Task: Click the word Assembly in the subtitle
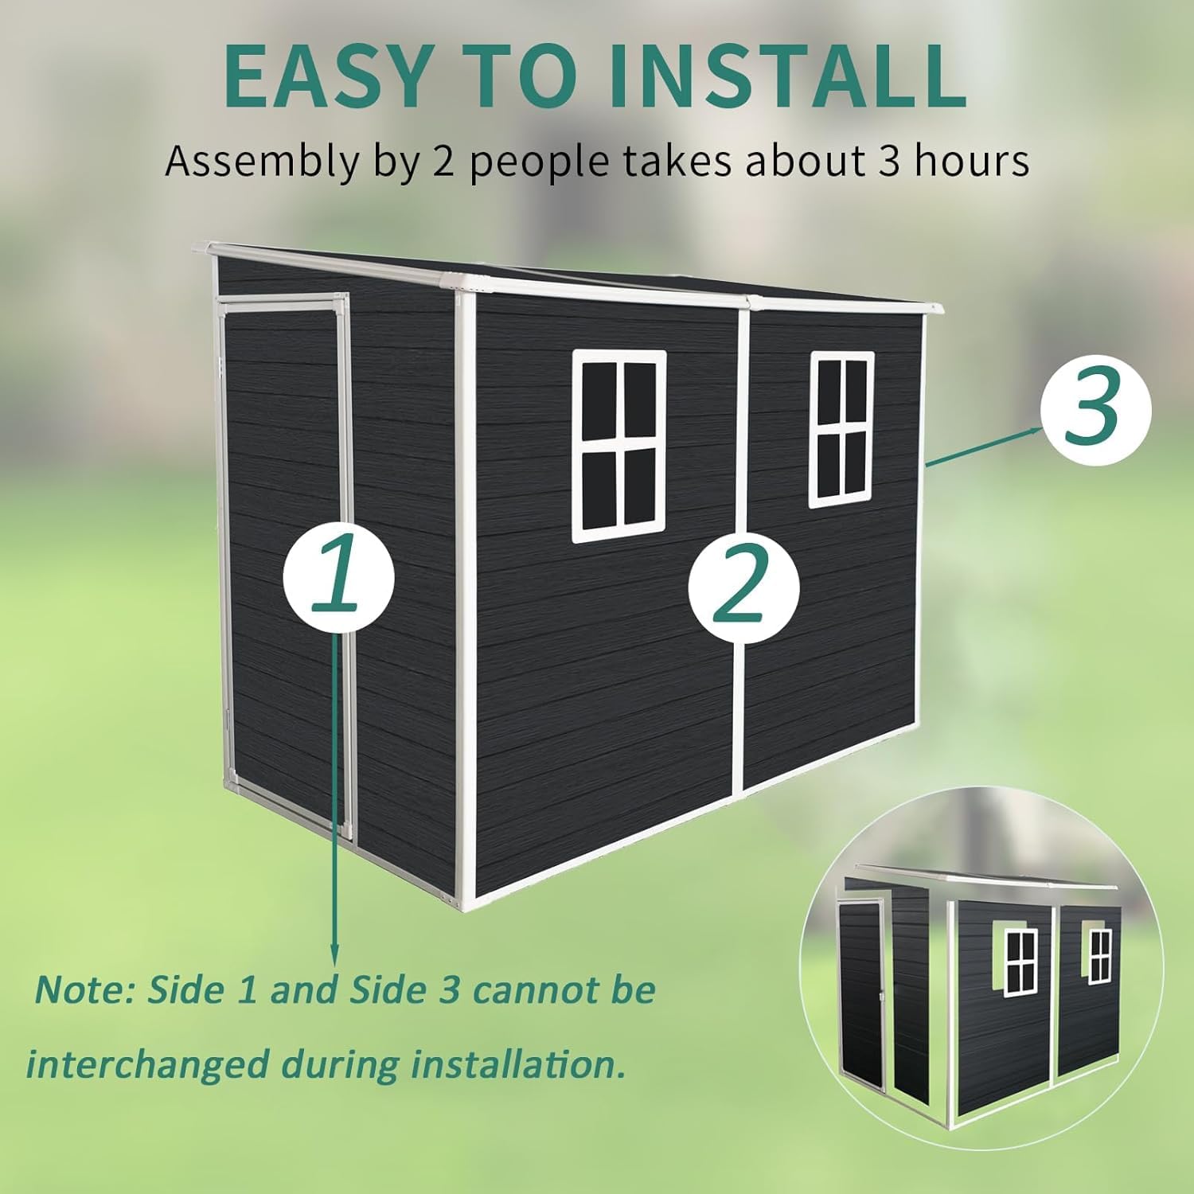tap(262, 162)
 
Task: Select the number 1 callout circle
tap(339, 575)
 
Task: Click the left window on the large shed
tap(619, 446)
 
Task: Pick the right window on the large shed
tap(841, 429)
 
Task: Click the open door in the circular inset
tap(862, 995)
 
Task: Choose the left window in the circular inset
tap(1020, 961)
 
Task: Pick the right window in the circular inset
tap(1100, 955)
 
